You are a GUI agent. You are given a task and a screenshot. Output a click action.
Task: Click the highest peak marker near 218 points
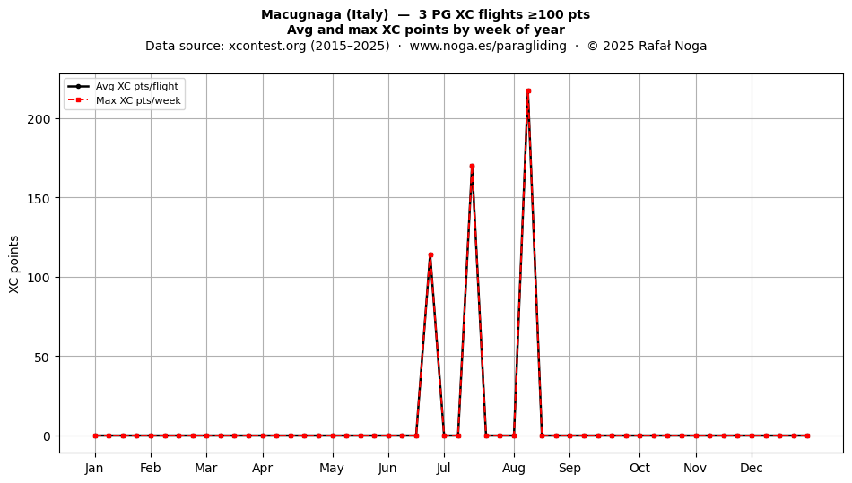point(528,91)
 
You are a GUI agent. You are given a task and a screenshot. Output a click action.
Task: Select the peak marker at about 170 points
point(472,167)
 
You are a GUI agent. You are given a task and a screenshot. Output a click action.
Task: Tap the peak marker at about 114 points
point(430,255)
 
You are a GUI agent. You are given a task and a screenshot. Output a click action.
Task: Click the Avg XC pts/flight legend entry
point(124,86)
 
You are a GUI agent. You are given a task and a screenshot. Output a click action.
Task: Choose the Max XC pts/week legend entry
point(125,100)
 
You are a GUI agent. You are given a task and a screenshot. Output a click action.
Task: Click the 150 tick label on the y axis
point(39,199)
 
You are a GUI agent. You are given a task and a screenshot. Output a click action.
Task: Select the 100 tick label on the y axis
point(39,278)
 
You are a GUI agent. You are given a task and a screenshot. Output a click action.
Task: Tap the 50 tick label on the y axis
point(42,357)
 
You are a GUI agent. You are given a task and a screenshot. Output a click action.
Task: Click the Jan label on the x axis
point(94,468)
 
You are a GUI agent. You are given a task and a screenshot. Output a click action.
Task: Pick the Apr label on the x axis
point(263,468)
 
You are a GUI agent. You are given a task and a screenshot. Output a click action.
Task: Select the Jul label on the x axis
point(443,468)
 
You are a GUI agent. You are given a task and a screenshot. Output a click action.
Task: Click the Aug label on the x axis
point(514,468)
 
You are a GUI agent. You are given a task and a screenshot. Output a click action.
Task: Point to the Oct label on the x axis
point(639,468)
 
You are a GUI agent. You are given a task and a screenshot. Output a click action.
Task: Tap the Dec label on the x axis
point(752,468)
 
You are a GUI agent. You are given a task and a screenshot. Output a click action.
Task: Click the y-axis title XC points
point(14,264)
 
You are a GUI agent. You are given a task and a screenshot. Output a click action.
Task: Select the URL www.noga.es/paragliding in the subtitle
point(488,46)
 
